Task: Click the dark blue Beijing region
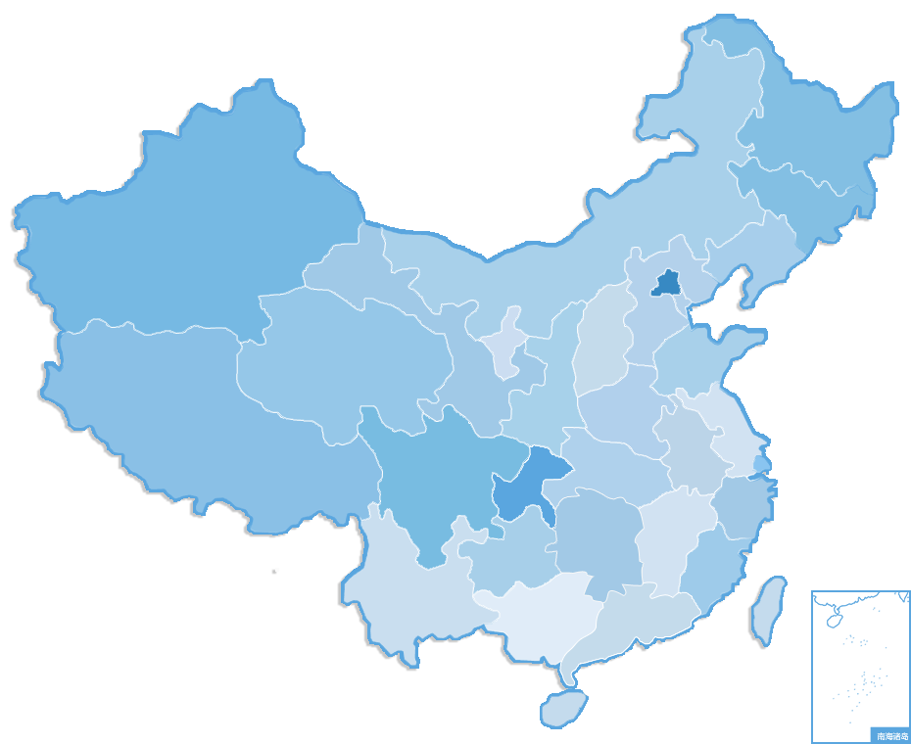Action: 668,283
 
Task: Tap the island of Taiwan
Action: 769,609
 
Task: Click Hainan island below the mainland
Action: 563,707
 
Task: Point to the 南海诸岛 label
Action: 890,735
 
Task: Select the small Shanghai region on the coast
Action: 762,461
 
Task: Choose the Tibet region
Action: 176,411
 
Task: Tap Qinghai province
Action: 343,362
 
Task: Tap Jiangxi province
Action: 676,538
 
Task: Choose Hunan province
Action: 598,538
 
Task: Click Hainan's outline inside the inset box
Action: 836,620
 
